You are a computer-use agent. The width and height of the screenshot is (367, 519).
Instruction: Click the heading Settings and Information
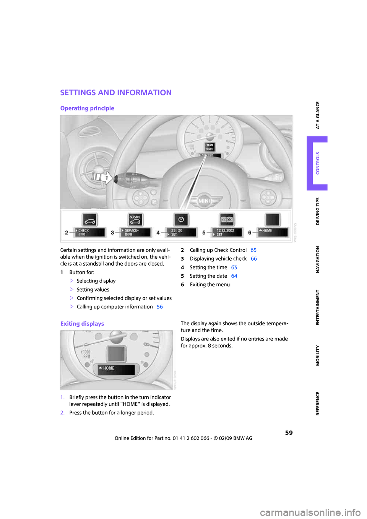point(116,92)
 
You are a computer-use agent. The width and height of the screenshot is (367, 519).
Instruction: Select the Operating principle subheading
point(87,108)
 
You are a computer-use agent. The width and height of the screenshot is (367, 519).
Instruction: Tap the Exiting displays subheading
point(82,324)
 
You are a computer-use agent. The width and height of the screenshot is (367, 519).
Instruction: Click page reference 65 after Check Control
point(253,250)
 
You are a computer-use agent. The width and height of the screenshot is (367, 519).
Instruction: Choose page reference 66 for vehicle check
point(254,259)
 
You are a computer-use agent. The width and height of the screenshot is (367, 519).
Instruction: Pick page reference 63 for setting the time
point(234,268)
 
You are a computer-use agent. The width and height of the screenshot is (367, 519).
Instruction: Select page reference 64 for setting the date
point(234,276)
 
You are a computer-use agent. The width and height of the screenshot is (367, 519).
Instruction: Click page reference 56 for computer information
point(160,307)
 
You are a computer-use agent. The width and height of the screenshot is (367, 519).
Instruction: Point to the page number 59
point(289,433)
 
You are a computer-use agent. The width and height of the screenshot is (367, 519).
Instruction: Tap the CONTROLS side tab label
point(317,163)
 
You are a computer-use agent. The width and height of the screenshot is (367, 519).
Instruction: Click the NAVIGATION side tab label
point(317,259)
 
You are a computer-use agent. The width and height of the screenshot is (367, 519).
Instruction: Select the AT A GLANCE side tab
point(317,115)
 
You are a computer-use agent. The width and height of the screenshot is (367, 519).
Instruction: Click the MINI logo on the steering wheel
point(205,201)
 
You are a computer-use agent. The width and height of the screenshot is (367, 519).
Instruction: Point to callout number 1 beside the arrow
point(106,178)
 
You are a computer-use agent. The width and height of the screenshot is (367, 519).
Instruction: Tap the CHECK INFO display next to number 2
point(90,232)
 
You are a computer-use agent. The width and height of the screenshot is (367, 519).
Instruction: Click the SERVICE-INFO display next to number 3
point(135,232)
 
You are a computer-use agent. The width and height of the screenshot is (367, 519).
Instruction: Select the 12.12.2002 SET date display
point(227,232)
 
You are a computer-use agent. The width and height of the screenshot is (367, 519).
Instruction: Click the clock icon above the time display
point(181,220)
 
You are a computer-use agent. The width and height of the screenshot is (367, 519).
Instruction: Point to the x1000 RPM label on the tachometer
point(86,354)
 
